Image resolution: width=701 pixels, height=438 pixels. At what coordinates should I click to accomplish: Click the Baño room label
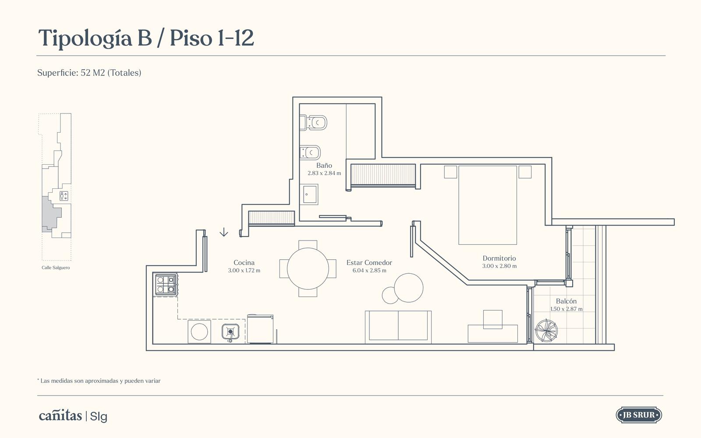pos(324,165)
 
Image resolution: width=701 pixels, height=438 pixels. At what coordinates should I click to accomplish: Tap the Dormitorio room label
pos(499,258)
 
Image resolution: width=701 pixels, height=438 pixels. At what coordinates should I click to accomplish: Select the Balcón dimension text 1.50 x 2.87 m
pos(566,309)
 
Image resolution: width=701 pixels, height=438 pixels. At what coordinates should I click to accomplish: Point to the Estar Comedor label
pos(369,262)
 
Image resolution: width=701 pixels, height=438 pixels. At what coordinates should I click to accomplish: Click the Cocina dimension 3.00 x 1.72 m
pos(244,270)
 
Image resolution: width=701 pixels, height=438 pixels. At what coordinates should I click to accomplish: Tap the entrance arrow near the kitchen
pos(224,232)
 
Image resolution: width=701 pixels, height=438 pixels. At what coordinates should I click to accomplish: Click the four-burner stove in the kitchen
pos(166,285)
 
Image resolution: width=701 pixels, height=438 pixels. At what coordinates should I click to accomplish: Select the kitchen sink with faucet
pos(230,332)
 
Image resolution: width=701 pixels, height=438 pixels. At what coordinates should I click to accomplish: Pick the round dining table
pos(308,268)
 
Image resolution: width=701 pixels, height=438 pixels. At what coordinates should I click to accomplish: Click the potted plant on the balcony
pos(546,330)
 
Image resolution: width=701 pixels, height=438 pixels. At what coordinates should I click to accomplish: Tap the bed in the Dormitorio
pos(488,205)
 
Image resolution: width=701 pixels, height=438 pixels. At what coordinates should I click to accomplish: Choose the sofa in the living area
pos(398,327)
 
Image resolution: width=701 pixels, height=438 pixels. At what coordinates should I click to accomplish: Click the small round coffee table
pos(390,295)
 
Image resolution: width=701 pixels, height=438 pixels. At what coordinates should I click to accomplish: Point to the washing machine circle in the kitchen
pos(199,332)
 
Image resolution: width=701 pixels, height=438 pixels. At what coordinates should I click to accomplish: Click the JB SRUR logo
pos(639,415)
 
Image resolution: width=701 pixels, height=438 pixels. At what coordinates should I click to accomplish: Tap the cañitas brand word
pos(60,416)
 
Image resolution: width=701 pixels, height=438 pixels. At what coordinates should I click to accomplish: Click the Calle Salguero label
pos(56,268)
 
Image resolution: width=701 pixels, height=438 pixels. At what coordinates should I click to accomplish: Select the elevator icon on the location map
pos(64,196)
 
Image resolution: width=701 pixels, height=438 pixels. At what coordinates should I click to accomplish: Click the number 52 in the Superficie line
pos(85,73)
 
